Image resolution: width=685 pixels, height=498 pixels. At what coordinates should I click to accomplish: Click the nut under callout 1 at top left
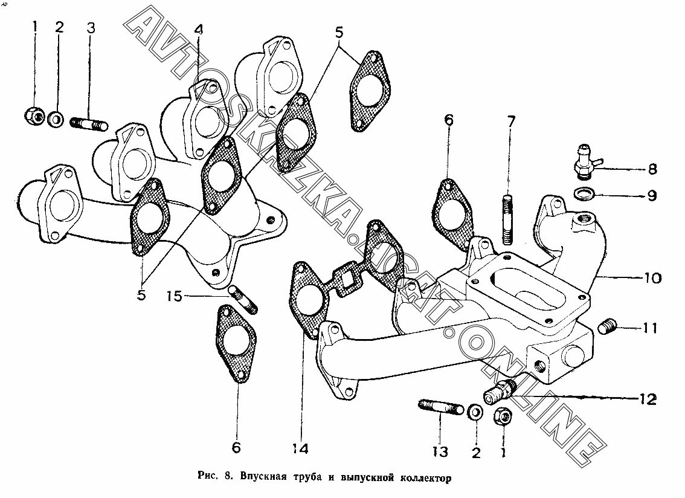pyautogui.click(x=34, y=115)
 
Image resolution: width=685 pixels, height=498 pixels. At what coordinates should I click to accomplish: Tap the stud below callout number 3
pyautogui.click(x=90, y=124)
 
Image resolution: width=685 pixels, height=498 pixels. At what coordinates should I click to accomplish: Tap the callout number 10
pyautogui.click(x=652, y=279)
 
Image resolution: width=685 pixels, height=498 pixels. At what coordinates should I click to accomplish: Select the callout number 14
pyautogui.click(x=300, y=448)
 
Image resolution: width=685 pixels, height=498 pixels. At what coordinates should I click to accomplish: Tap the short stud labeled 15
pyautogui.click(x=243, y=300)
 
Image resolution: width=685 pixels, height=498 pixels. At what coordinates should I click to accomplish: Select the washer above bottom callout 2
pyautogui.click(x=475, y=413)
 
